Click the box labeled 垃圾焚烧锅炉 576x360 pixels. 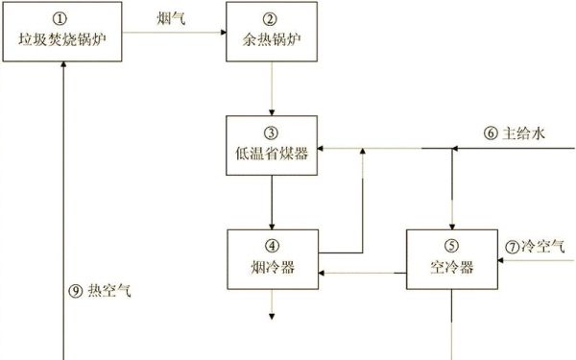tap(64, 32)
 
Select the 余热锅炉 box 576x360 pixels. tap(272, 32)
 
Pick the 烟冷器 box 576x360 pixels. tap(272, 255)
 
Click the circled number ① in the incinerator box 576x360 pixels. tap(64, 18)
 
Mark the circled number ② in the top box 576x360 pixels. tap(272, 18)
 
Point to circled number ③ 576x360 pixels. tap(272, 132)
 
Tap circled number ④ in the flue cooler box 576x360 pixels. tap(272, 244)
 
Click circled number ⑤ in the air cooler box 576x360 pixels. tap(452, 244)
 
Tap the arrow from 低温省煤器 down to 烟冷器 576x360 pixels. tap(272, 202)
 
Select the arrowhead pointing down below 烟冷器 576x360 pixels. tap(272, 314)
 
